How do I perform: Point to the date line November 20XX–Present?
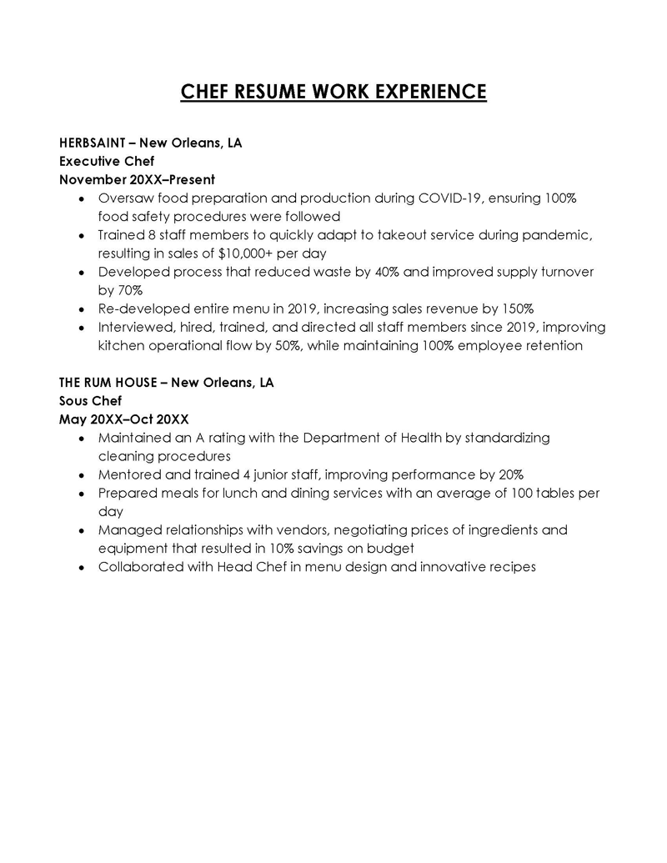point(137,179)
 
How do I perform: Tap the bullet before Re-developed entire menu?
point(80,309)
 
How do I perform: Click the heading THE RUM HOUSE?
point(107,383)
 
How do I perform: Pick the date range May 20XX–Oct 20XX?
point(123,419)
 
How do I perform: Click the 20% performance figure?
point(509,474)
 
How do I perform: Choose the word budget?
point(392,548)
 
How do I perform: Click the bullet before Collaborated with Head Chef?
point(80,567)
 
